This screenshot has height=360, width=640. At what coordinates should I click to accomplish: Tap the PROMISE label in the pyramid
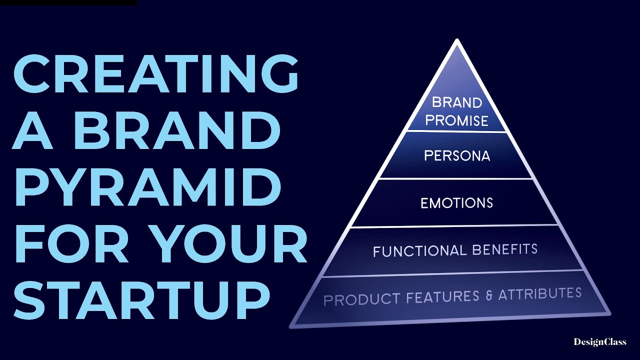(457, 120)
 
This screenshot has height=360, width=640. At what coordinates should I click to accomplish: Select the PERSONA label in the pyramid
(457, 156)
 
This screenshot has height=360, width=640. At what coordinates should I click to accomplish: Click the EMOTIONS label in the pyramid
(457, 203)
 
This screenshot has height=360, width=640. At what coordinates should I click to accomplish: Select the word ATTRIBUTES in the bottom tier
(539, 293)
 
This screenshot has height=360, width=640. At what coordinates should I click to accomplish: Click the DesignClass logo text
(599, 342)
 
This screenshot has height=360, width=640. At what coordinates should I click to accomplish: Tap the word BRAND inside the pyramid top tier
(457, 102)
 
